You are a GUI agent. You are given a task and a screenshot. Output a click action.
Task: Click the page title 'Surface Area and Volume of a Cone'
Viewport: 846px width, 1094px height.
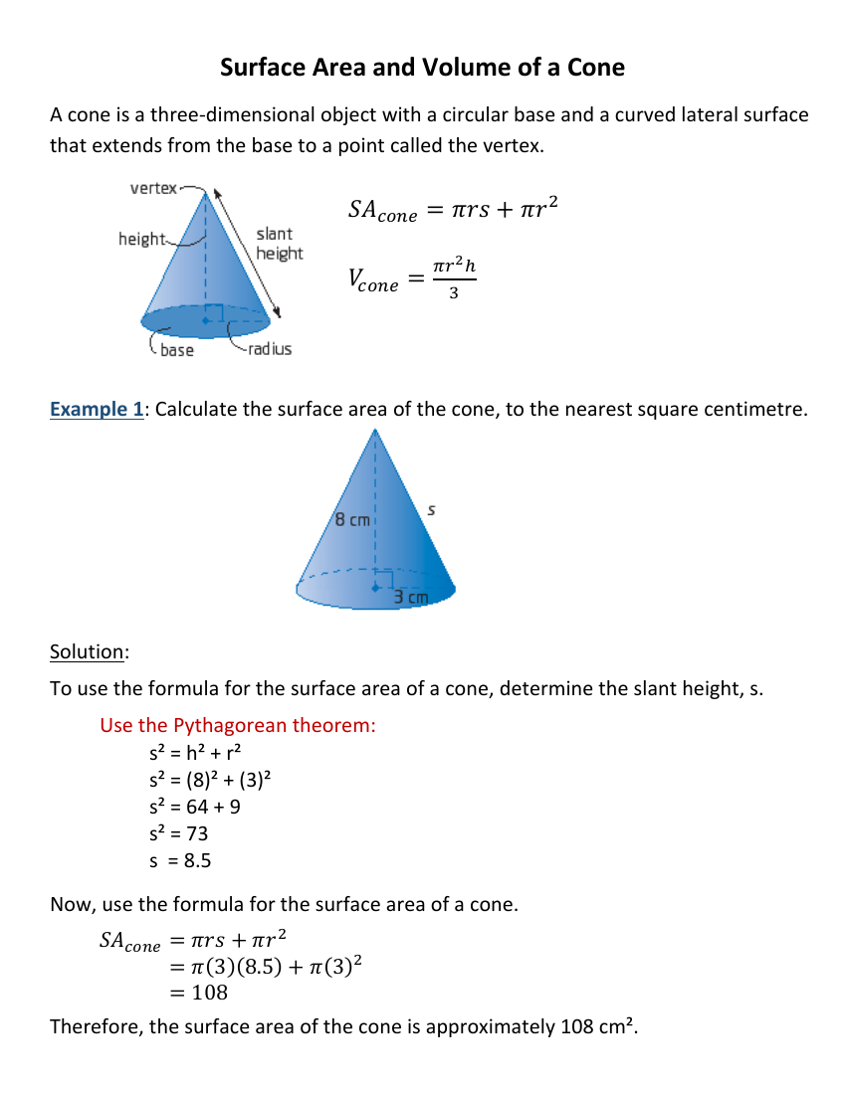pos(422,68)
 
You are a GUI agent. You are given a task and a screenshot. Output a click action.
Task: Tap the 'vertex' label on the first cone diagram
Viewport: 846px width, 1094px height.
pos(153,188)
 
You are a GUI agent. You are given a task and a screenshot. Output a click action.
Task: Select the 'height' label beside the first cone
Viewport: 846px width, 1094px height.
pos(141,239)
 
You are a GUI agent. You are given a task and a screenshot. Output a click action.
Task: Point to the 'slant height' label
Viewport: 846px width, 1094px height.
pos(279,244)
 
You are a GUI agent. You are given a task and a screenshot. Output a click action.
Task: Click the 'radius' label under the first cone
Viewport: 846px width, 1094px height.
pos(270,349)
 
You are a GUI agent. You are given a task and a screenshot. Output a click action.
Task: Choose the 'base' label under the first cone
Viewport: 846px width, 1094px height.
pos(177,350)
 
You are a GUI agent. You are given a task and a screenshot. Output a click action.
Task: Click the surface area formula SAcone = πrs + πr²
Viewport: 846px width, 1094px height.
pos(453,210)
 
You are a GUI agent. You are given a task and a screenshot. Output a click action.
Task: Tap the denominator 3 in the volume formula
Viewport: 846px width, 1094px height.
pos(454,292)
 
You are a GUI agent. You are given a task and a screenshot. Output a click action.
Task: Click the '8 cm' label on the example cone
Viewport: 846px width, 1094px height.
pos(351,519)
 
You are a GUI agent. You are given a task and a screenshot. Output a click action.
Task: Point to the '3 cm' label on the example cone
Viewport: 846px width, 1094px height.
pos(410,597)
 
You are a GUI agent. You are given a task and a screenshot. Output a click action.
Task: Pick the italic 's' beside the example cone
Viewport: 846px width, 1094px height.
pos(431,510)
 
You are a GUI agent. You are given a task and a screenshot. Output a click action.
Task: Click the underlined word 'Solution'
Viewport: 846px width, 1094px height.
pos(88,651)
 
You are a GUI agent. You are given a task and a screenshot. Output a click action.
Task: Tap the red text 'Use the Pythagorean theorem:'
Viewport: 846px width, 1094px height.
pos(238,725)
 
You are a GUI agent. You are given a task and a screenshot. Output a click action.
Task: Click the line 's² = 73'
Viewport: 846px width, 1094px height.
pos(177,833)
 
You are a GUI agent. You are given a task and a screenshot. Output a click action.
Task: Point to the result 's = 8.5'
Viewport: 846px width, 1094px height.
pos(180,861)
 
